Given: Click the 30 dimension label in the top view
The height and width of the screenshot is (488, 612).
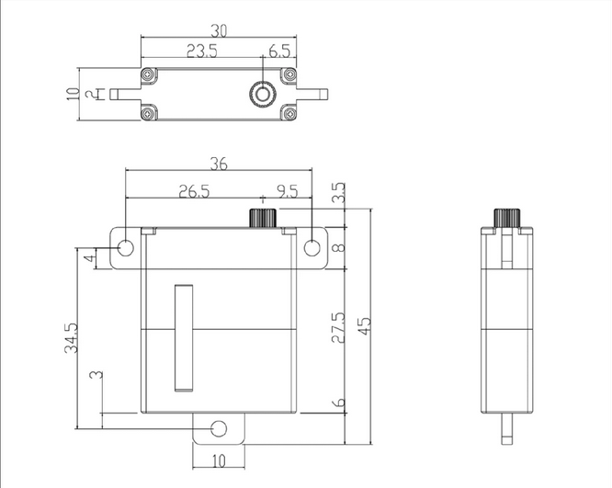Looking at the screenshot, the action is click(x=219, y=30).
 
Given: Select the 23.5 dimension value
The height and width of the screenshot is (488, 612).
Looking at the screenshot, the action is click(x=202, y=51).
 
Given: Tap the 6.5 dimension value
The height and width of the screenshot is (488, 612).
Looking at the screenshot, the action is click(x=279, y=51).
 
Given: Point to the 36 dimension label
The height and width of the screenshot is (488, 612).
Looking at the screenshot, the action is click(x=219, y=164).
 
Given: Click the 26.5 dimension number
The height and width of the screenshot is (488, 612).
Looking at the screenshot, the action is click(x=195, y=191).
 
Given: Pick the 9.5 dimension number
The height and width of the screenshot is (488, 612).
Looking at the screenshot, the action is click(x=288, y=191).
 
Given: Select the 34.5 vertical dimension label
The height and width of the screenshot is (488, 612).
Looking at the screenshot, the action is click(x=71, y=338).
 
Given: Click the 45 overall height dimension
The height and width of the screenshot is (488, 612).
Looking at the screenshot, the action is click(x=365, y=325).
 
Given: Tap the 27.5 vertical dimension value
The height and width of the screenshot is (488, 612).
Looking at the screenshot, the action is click(x=338, y=327).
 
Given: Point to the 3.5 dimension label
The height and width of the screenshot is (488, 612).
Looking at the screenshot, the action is click(x=338, y=192).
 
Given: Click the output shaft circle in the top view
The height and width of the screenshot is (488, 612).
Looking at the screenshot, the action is click(x=263, y=94).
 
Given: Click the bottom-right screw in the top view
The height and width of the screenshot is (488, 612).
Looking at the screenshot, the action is click(x=289, y=114).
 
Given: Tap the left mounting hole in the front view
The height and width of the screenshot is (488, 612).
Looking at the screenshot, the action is click(x=126, y=248).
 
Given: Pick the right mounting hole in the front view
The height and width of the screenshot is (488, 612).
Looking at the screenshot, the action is click(x=312, y=248).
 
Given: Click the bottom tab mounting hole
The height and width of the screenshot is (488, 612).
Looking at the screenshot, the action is click(x=219, y=428).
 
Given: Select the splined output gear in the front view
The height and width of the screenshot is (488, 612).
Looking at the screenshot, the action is click(x=263, y=218).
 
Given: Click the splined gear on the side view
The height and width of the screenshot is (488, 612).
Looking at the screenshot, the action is click(x=507, y=218).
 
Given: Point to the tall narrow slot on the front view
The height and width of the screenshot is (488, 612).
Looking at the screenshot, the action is click(x=184, y=337).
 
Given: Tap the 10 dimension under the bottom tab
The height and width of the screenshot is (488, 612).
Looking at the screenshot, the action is click(x=219, y=461).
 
